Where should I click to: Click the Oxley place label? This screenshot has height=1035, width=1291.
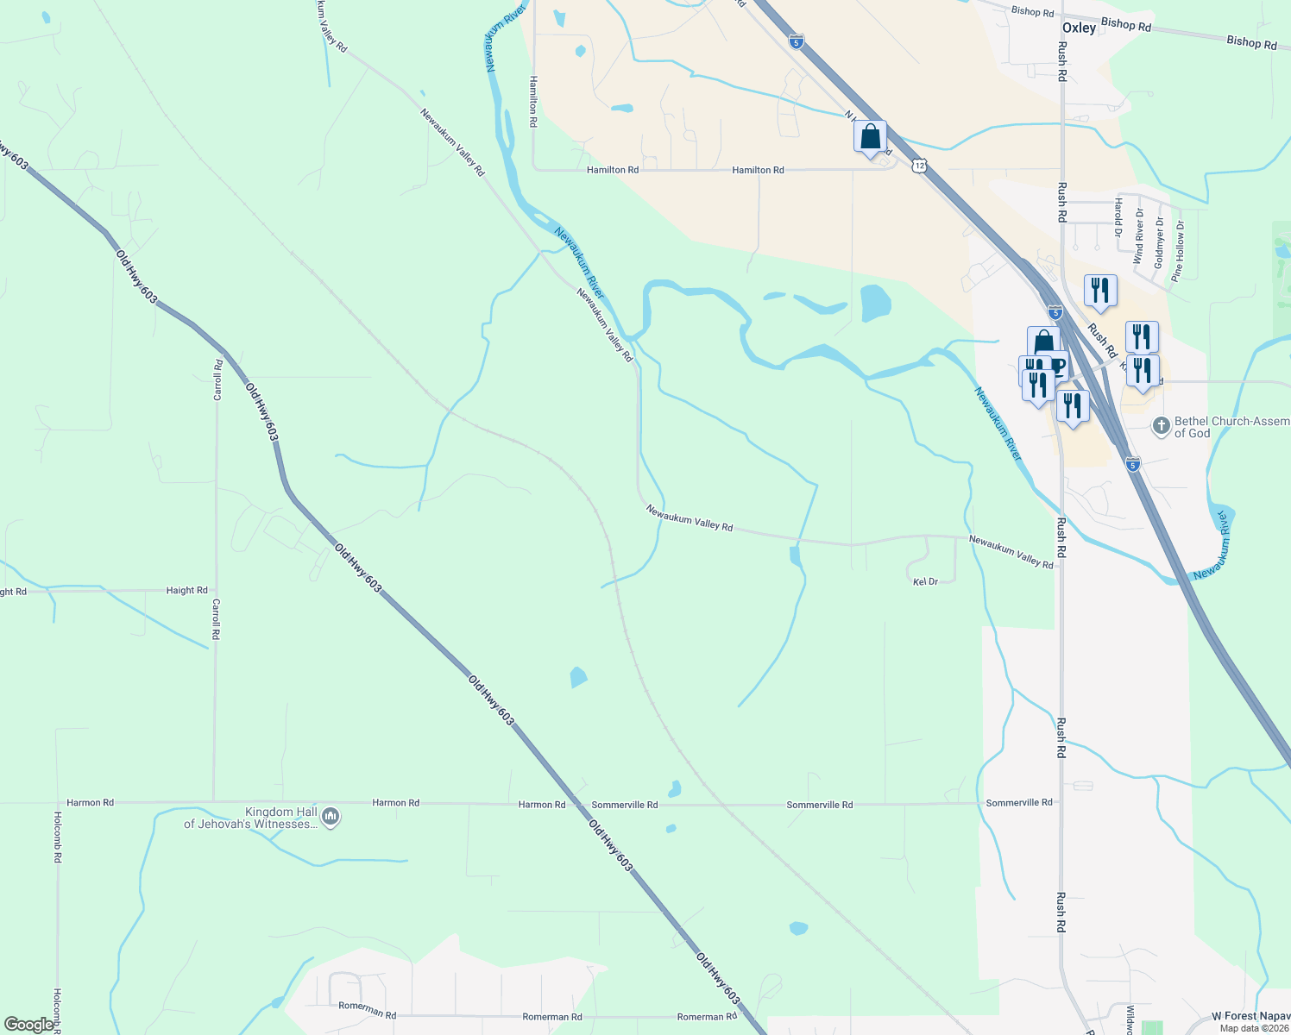1079,28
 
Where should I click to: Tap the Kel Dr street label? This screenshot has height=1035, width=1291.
925,582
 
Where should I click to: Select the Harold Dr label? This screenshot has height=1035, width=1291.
1118,217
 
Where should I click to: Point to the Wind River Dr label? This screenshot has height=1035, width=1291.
1138,235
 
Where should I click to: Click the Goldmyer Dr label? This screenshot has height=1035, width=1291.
1159,243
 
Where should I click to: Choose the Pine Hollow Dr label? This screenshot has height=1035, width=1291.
1178,250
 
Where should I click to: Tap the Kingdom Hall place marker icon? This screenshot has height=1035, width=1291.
330,816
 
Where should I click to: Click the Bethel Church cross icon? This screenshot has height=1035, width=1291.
1162,425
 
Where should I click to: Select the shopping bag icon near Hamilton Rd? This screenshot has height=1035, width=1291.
870,136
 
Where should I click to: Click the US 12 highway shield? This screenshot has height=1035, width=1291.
921,165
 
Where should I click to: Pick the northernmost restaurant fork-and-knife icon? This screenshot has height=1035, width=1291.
1099,290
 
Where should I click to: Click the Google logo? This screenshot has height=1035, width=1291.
28,1025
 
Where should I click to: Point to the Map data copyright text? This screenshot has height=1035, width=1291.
1253,1028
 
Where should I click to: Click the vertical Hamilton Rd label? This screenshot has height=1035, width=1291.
534,102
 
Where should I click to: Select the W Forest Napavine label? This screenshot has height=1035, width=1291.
1250,1017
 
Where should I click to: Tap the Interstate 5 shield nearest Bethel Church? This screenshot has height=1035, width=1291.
1133,464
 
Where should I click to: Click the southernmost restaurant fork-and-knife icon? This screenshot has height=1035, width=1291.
1072,405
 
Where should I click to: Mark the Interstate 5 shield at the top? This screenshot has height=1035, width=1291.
796,41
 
